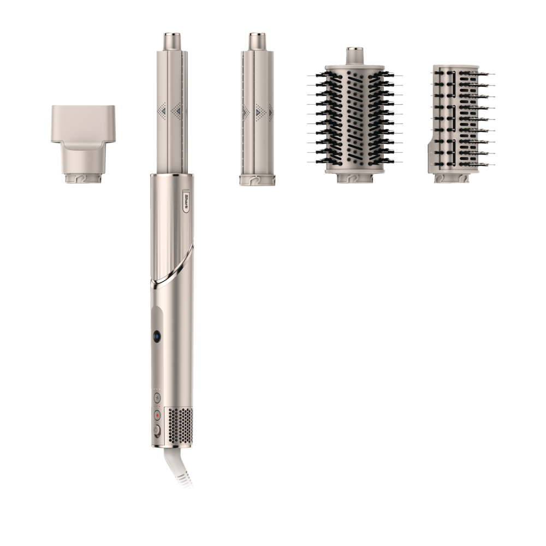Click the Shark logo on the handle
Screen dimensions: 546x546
coord(186,201)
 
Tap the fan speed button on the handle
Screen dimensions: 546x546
coord(157,399)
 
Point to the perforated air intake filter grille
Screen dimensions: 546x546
coord(180,426)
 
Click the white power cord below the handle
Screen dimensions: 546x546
coord(179,467)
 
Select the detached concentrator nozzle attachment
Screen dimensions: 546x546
coord(83,144)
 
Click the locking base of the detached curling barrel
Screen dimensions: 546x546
coord(257,180)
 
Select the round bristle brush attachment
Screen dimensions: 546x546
coord(355,115)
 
